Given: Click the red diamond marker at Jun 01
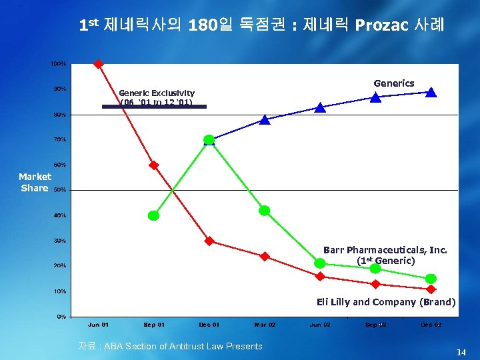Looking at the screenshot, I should [99, 64].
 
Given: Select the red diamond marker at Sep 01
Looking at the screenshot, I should [154, 165].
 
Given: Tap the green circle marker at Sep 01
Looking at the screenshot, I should [154, 215].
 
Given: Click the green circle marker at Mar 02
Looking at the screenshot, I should [265, 211].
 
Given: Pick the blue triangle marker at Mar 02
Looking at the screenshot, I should [265, 120].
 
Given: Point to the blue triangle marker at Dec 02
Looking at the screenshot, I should [431, 93].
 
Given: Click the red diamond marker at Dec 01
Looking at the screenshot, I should [209, 241].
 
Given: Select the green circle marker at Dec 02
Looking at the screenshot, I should [431, 279].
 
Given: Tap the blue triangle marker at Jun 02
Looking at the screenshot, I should [320, 107].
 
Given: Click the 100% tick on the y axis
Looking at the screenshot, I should [58, 63].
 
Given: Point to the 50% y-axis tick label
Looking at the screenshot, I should [59, 190].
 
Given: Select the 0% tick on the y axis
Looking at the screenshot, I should [61, 317].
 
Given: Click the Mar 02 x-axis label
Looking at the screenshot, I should [265, 325].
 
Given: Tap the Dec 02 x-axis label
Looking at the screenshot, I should [431, 325].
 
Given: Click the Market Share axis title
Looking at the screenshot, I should [35, 182].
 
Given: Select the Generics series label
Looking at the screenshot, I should [394, 83].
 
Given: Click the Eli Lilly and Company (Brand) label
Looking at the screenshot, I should [386, 302].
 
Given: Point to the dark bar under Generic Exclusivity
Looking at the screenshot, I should [154, 106].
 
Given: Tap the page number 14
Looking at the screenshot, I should [461, 351].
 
